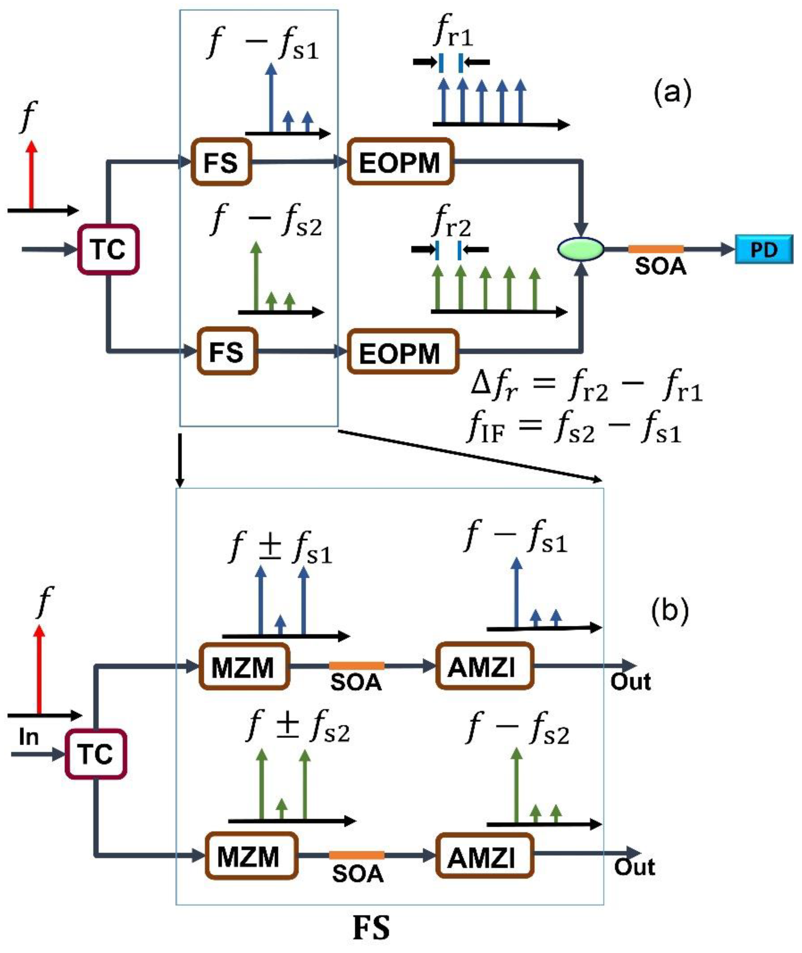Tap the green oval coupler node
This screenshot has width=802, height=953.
click(x=580, y=249)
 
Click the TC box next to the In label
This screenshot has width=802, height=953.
click(x=95, y=754)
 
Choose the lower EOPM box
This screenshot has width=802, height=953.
click(x=402, y=353)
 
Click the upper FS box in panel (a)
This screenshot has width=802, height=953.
click(x=221, y=162)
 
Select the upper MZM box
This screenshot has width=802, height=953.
click(x=244, y=667)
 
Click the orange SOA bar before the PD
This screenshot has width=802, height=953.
click(x=656, y=249)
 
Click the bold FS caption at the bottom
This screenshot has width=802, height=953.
click(x=371, y=928)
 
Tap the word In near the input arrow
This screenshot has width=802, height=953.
click(x=29, y=737)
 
